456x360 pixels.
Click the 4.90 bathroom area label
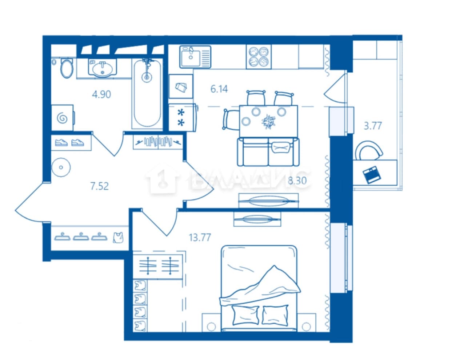[101, 94]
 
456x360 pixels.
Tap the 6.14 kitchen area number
[219, 89]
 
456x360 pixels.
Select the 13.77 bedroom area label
[200, 237]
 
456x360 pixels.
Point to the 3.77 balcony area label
[373, 126]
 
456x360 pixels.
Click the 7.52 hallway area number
[99, 186]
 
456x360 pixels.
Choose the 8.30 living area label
[297, 181]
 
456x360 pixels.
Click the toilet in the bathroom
[67, 68]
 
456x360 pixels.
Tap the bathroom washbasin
[103, 68]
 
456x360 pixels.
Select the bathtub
[147, 93]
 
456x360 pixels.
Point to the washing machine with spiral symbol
[63, 118]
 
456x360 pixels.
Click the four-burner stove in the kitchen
[259, 57]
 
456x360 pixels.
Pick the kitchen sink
[195, 57]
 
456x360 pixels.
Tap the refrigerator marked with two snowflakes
[183, 118]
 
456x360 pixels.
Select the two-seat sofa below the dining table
[268, 152]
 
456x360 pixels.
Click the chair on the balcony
[369, 150]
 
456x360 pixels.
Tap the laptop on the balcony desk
[372, 175]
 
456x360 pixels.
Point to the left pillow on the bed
[246, 315]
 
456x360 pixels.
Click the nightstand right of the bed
[307, 323]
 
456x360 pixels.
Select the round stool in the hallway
[61, 167]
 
